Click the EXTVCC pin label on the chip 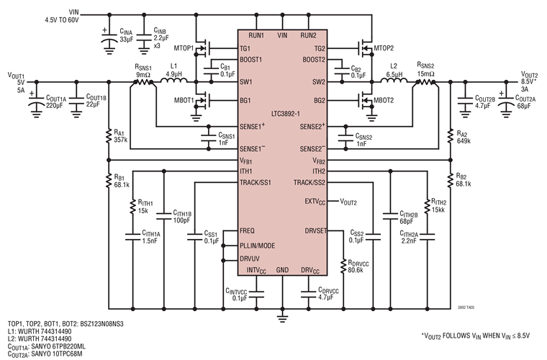click(316, 201)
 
